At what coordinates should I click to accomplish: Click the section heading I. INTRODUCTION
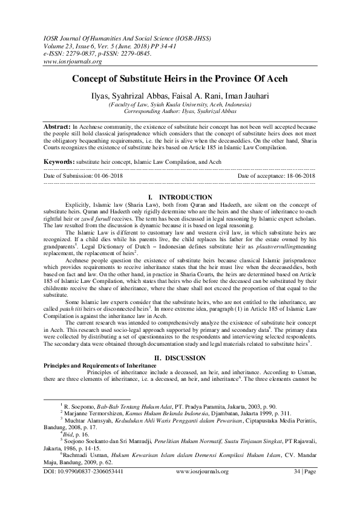(x=180, y=198)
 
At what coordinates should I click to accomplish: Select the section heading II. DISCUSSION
(x=180, y=357)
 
